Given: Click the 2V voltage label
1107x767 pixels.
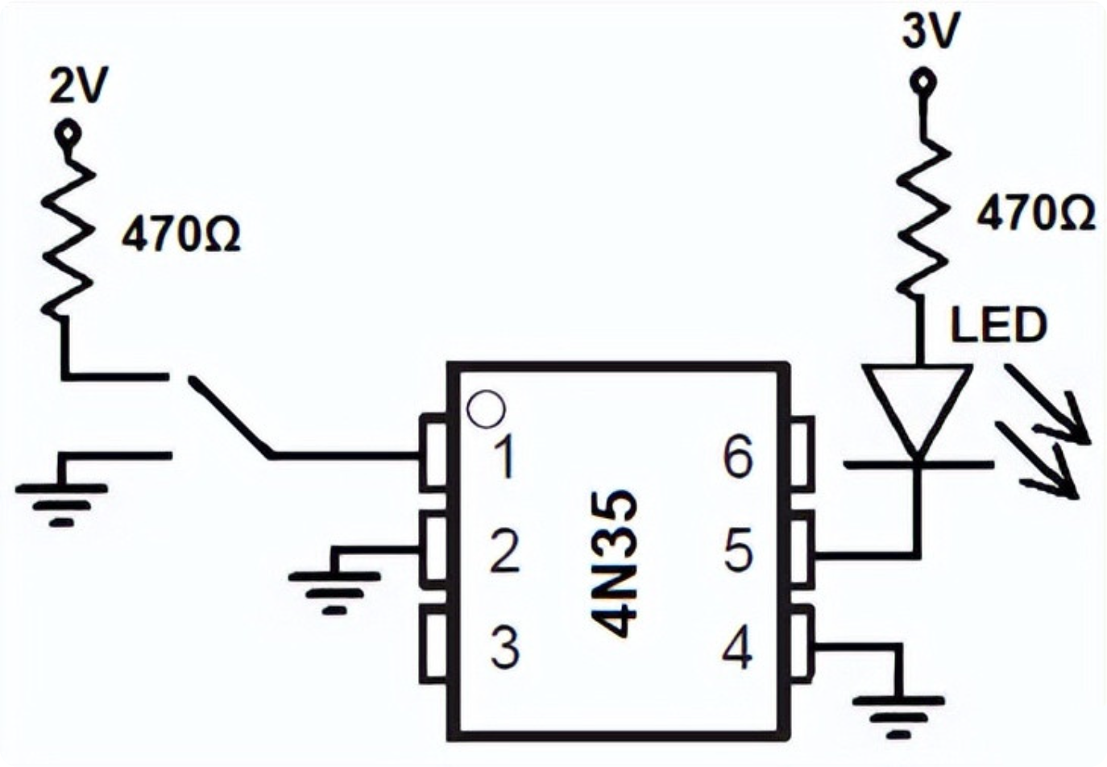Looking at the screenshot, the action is point(79,85).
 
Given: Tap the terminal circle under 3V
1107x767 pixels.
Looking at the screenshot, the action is point(921,81).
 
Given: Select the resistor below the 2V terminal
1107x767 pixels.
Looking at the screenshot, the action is point(67,237).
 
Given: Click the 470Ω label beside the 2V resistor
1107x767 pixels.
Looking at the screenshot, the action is point(181,235).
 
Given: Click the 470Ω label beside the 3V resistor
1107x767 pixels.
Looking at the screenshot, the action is point(1035,214).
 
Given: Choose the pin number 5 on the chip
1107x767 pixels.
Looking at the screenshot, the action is point(738,550).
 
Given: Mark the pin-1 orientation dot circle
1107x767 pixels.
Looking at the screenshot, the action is point(487,410).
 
